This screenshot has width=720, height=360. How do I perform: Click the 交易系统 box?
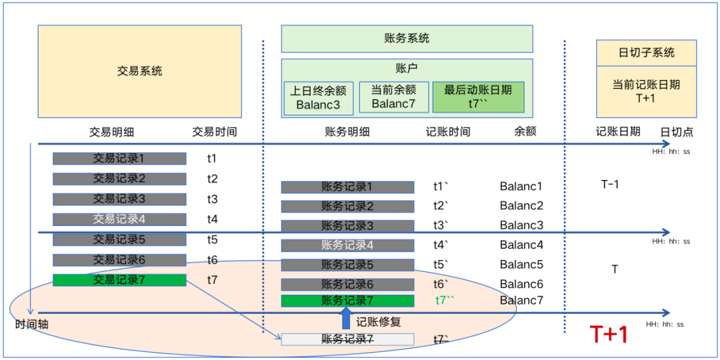point(139,71)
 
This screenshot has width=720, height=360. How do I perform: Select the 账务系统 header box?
point(407,39)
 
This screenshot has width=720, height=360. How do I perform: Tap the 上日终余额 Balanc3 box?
point(318,98)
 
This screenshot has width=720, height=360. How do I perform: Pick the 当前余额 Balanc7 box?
point(393,97)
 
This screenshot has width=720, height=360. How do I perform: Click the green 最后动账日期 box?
point(478,97)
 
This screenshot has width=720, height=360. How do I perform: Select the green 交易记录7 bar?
point(119,280)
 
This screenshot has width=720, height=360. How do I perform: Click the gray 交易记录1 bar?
point(119,159)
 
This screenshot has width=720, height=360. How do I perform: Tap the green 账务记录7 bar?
point(347,301)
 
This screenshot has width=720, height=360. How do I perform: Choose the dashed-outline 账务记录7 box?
point(347,339)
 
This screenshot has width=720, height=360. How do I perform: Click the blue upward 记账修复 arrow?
point(346,318)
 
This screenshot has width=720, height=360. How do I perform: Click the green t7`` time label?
point(445,301)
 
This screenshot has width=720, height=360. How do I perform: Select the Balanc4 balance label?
point(521,245)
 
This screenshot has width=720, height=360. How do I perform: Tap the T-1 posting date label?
point(610,184)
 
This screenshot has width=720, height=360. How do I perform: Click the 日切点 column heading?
point(677,132)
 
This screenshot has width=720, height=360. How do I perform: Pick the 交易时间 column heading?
point(214,132)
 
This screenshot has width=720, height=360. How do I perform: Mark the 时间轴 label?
point(32,325)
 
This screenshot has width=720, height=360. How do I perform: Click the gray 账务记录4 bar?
point(347,245)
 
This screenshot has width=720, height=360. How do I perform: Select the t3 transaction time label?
point(212,199)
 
